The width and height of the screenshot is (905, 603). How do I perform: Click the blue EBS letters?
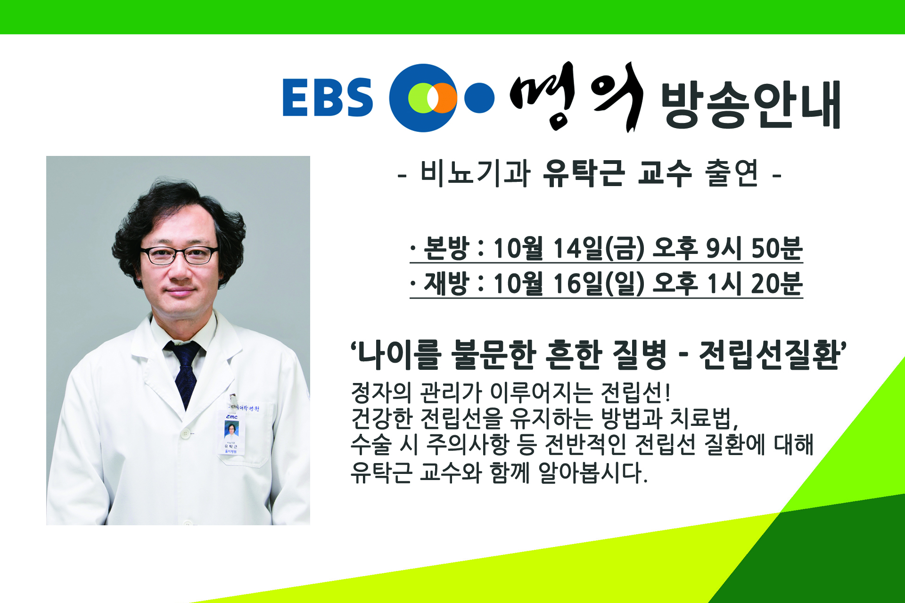(x=328, y=97)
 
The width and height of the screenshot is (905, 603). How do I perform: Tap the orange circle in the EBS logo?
(x=441, y=98)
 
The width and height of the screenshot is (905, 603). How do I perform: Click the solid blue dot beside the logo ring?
(x=479, y=98)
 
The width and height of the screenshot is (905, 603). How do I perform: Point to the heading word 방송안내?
(x=751, y=105)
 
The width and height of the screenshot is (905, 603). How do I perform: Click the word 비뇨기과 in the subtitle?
(x=475, y=173)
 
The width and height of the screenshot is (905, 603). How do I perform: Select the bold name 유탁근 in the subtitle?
(x=584, y=173)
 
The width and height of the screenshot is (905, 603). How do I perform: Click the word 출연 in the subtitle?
(x=732, y=173)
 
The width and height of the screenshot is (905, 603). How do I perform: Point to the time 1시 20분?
(x=755, y=284)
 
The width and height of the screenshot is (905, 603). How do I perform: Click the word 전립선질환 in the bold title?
(x=770, y=355)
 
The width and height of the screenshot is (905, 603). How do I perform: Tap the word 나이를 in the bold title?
(x=400, y=355)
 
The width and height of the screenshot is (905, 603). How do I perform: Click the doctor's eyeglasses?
(x=180, y=255)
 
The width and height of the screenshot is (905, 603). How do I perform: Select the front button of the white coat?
(x=187, y=433)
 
